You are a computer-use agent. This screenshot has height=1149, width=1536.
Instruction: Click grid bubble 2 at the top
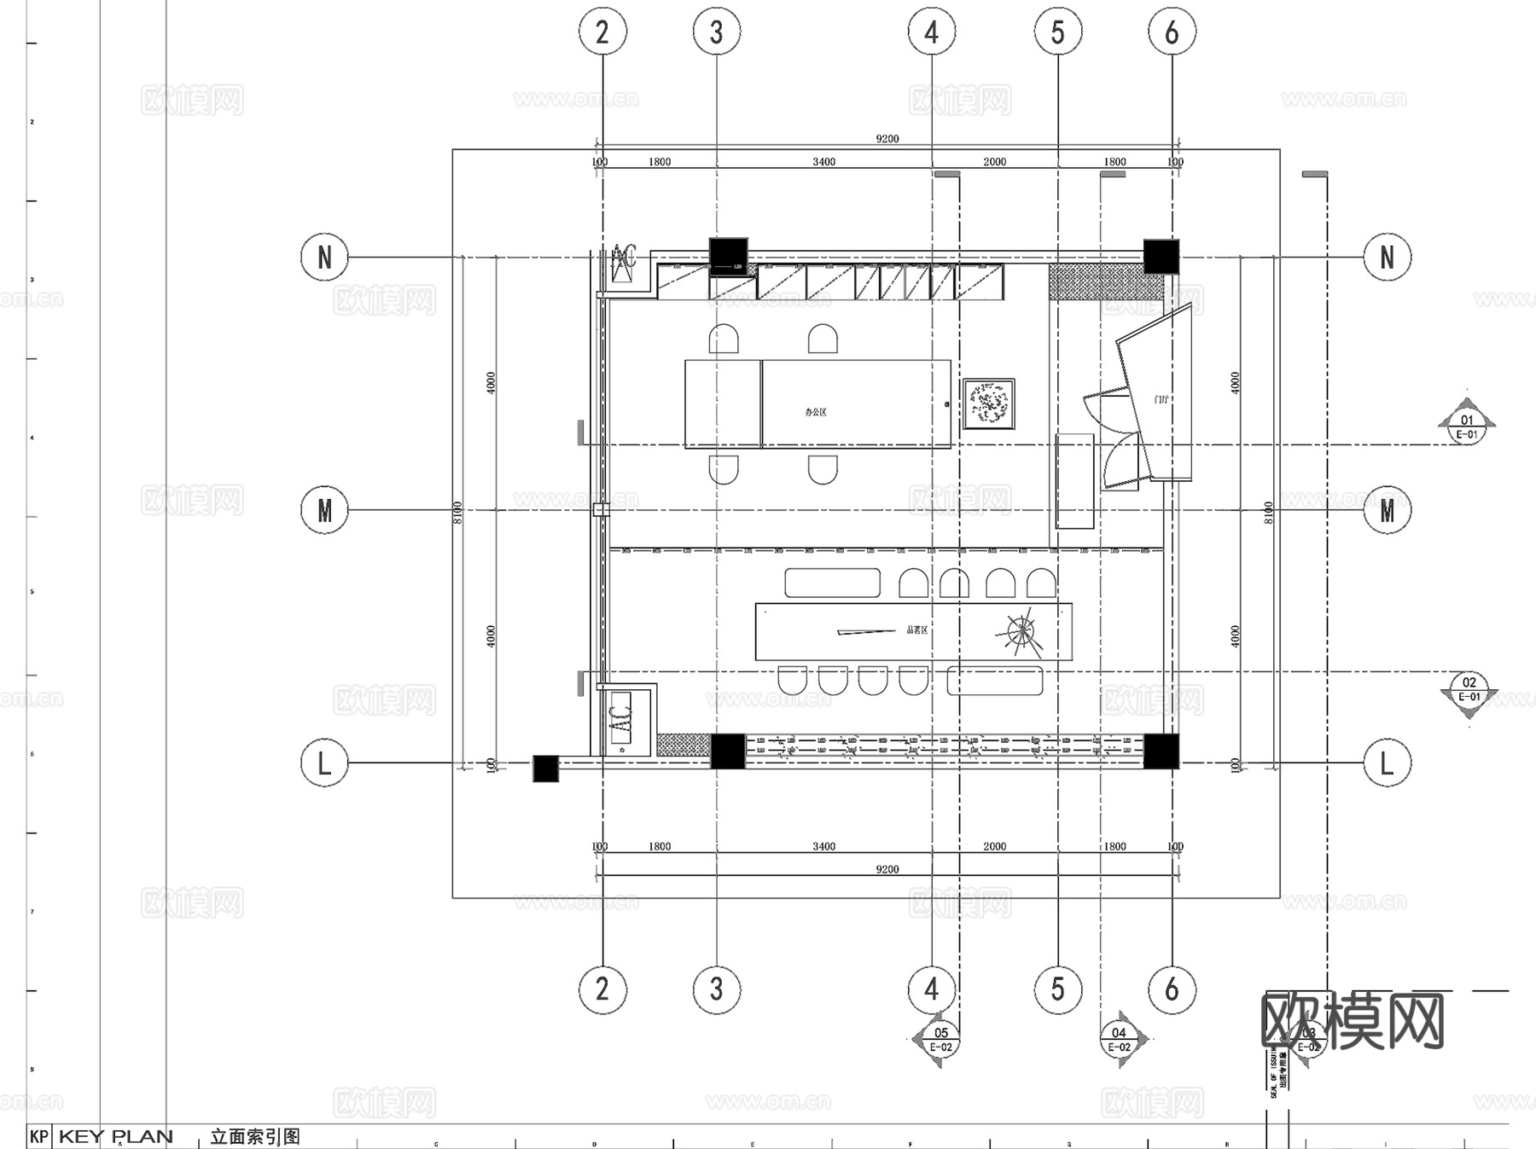click(602, 32)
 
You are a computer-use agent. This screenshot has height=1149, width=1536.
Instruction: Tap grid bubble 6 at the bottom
click(1172, 989)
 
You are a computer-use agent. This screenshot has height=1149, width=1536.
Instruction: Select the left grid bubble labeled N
click(324, 257)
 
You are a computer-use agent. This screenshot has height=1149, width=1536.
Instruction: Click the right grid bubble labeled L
click(1387, 763)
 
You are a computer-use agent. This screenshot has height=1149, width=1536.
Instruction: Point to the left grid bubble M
click(324, 510)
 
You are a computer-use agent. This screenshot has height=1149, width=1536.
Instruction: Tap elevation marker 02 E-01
click(1469, 689)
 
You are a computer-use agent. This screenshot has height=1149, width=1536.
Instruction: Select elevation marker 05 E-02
click(940, 1040)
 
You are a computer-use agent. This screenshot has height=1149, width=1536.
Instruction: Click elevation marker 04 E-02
click(1119, 1040)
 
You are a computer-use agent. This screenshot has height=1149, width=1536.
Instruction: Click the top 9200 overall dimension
click(887, 139)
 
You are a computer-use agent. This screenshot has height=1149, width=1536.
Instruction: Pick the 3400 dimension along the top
click(823, 162)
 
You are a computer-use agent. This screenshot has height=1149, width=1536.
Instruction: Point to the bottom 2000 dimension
click(994, 846)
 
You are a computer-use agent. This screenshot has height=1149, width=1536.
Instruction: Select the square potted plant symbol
click(989, 404)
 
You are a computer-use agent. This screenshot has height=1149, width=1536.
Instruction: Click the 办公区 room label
click(815, 412)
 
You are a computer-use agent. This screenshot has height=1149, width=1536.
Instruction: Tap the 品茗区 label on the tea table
click(916, 630)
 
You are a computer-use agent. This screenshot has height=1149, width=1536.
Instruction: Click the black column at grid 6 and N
click(1161, 256)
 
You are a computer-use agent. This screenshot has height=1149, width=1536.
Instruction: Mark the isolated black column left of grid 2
click(545, 769)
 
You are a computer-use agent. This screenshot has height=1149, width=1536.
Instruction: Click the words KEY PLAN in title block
click(116, 1136)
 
